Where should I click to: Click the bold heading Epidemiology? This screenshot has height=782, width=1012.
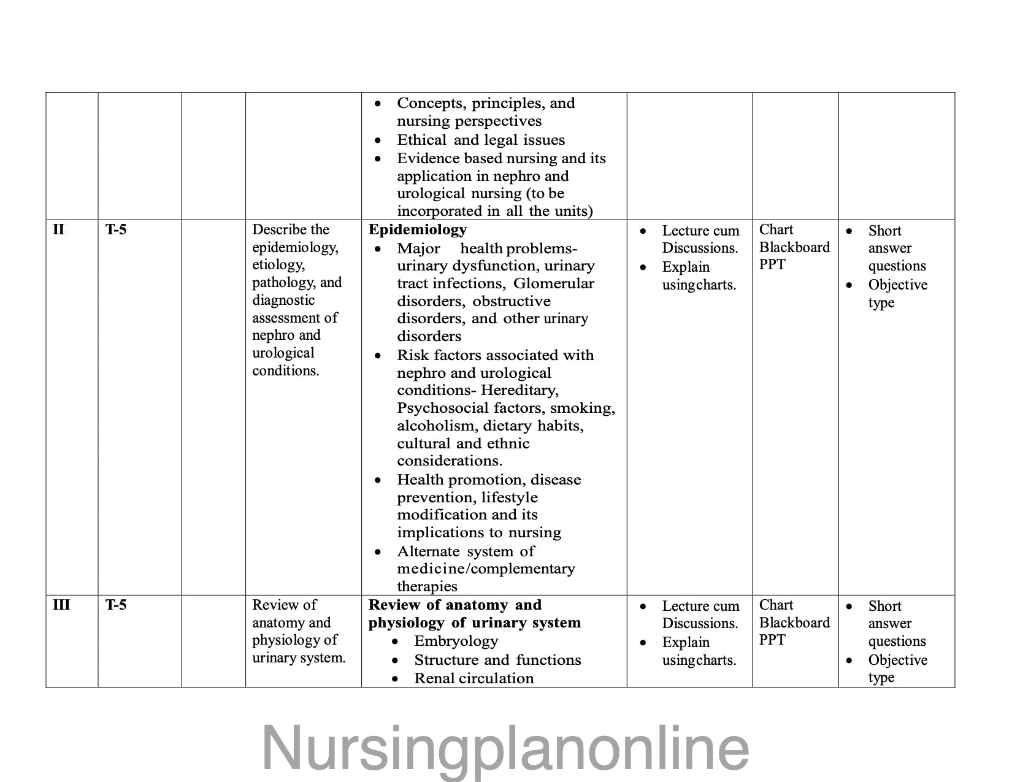coord(417,229)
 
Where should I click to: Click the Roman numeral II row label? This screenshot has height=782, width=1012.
coord(58,229)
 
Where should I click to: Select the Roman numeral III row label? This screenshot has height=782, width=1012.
coord(61,605)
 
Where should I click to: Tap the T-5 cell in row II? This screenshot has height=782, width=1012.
coord(116,229)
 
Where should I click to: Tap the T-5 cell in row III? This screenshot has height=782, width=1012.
coord(116,605)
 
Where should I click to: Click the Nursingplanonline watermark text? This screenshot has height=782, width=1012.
coord(505,748)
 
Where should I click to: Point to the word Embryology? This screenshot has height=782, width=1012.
coord(456,641)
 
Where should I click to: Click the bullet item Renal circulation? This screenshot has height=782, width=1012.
coord(473,678)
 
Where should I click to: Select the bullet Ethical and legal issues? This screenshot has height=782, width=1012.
coord(480,140)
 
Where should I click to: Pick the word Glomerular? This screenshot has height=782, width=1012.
coord(553,283)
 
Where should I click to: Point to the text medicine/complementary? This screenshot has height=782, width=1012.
coord(486,569)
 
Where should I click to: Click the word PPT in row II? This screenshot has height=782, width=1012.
coord(772,265)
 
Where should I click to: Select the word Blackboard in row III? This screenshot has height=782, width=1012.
coord(794,623)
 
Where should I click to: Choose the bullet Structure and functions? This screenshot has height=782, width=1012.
coord(497,660)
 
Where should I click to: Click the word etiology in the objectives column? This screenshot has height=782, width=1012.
coord(278,265)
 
